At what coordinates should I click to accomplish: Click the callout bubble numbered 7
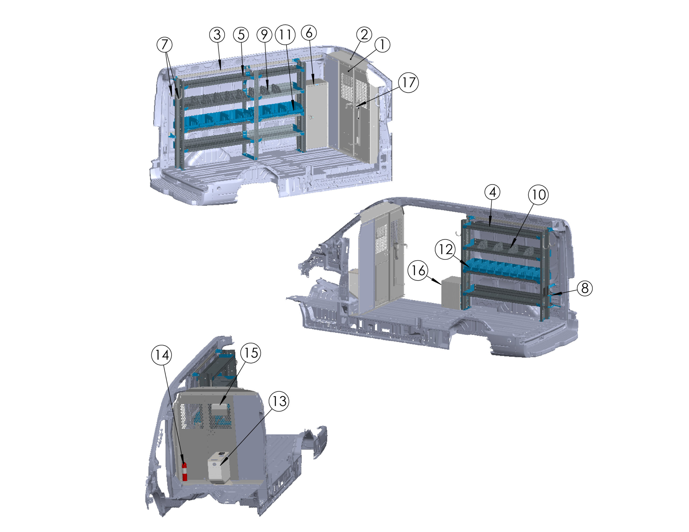pos(164,44)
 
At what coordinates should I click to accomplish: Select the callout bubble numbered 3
pos(217,35)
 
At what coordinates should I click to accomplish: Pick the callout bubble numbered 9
pos(264,35)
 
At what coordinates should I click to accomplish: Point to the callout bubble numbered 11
pos(285,35)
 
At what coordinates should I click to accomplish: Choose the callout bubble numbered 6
pos(309,33)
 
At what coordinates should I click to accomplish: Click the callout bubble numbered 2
pos(364,35)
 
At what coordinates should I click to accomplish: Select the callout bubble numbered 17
pos(409,83)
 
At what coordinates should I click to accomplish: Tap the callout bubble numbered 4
pos(493,192)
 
